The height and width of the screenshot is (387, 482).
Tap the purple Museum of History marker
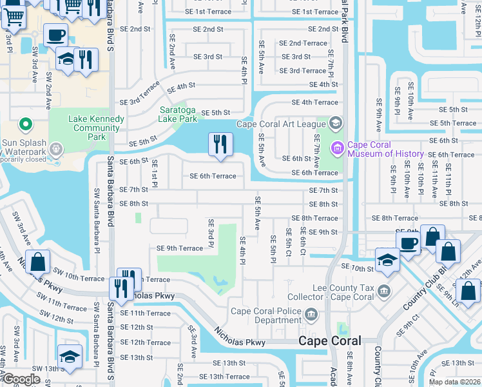pyautogui.click(x=336, y=149)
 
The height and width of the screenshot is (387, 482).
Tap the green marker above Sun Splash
pyautogui.click(x=25, y=123)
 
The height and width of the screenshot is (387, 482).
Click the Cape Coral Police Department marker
pyautogui.click(x=311, y=314)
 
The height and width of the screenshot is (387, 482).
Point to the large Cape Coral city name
pyautogui.click(x=330, y=341)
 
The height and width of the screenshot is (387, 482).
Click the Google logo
pyautogui.click(x=21, y=379)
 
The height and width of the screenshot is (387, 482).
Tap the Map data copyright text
pyautogui.click(x=455, y=382)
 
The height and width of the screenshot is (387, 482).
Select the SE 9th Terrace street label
pyautogui.click(x=180, y=248)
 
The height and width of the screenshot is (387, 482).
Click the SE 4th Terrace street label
pyautogui.click(x=314, y=102)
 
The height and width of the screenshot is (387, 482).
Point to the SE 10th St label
pyautogui.click(x=357, y=266)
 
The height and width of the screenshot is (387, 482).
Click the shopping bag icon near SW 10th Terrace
pyautogui.click(x=38, y=261)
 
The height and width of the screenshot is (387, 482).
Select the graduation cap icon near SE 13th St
pyautogui.click(x=70, y=355)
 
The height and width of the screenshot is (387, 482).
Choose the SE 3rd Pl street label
pyautogui.click(x=211, y=233)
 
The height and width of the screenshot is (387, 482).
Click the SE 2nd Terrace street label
pyautogui.click(x=303, y=43)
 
